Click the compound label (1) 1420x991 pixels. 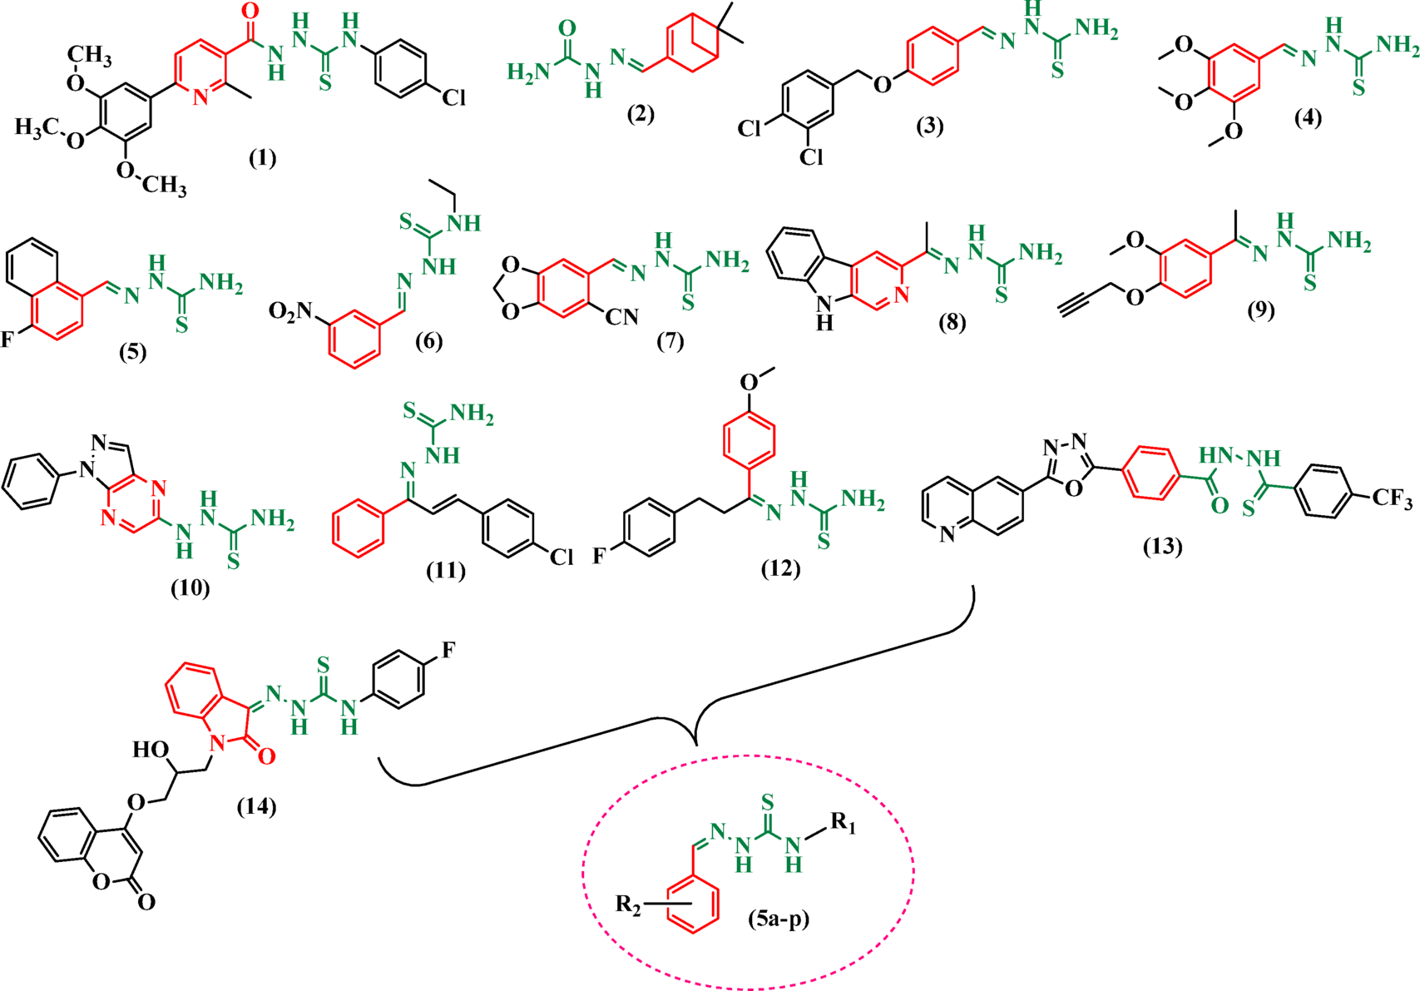click(263, 157)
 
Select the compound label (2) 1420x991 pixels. click(640, 115)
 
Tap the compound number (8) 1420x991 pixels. click(952, 322)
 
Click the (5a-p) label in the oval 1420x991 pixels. click(779, 920)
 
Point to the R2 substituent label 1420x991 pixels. click(628, 904)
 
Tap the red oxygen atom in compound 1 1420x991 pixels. click(249, 12)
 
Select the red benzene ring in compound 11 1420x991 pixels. click(359, 527)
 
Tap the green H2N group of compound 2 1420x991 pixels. click(529, 73)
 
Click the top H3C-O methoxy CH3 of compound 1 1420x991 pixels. click(90, 56)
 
